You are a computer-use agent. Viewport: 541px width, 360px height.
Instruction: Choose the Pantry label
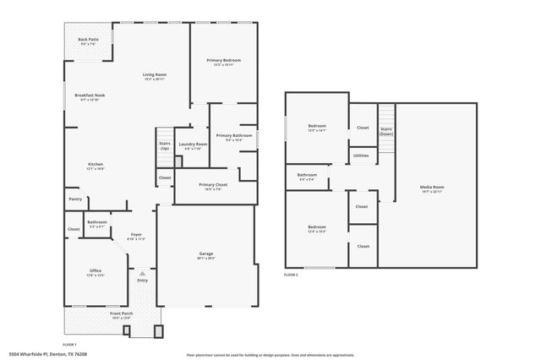[75, 199]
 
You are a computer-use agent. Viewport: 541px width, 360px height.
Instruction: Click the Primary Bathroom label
[233, 138]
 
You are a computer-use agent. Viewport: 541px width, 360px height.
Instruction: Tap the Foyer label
[135, 237]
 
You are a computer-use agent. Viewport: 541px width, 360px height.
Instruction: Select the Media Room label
[432, 189]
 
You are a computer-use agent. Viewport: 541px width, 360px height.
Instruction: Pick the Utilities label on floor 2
[361, 155]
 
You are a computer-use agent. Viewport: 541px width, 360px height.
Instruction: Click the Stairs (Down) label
[386, 132]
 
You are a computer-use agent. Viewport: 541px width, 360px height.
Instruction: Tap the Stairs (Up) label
[165, 146]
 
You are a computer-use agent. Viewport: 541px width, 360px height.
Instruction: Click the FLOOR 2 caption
[292, 275]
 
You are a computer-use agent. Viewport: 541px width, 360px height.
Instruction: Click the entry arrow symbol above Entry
[142, 274]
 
